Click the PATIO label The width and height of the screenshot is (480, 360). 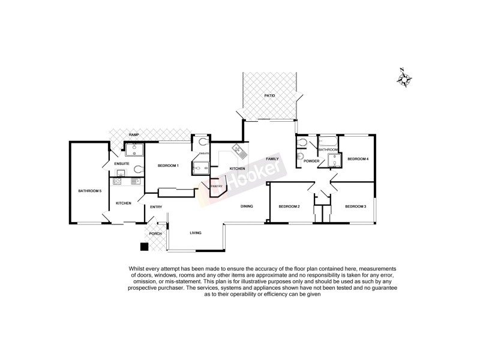point(269,96)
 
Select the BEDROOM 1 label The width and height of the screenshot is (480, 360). point(168,165)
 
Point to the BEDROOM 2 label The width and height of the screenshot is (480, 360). point(289,207)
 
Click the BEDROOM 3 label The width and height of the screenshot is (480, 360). point(355,207)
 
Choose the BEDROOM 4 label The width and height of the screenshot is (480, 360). point(358,159)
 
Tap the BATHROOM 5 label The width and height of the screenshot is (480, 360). point(89,191)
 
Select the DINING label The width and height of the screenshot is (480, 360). point(247,206)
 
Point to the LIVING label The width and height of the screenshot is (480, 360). point(196,233)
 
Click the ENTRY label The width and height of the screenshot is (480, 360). point(156,207)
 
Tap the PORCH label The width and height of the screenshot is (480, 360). point(155,233)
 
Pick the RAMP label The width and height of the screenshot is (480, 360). point(134,135)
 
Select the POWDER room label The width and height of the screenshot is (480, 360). point(311,161)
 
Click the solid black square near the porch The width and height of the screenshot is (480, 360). point(143,246)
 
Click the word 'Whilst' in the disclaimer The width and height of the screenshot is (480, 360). point(137,269)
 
